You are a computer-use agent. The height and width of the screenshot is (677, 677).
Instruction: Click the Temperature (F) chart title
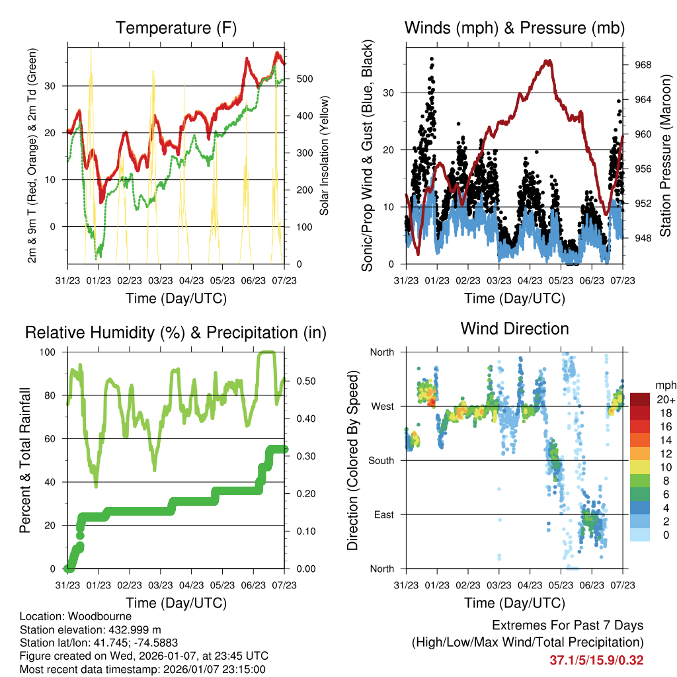176,28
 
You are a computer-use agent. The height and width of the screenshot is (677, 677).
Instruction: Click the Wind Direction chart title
514,329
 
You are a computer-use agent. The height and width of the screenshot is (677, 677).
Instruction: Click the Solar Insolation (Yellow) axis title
324,156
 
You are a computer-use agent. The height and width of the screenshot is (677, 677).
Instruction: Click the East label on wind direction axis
383,514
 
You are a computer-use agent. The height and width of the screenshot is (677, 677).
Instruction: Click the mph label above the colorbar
664,385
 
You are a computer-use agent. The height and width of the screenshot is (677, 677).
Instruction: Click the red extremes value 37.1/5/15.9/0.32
596,660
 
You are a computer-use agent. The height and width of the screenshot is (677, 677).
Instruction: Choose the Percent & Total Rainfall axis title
26,460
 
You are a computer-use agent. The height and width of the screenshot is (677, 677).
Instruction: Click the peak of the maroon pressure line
548,61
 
